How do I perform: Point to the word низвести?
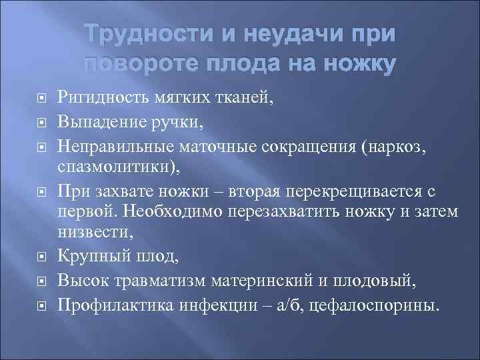click(86, 233)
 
